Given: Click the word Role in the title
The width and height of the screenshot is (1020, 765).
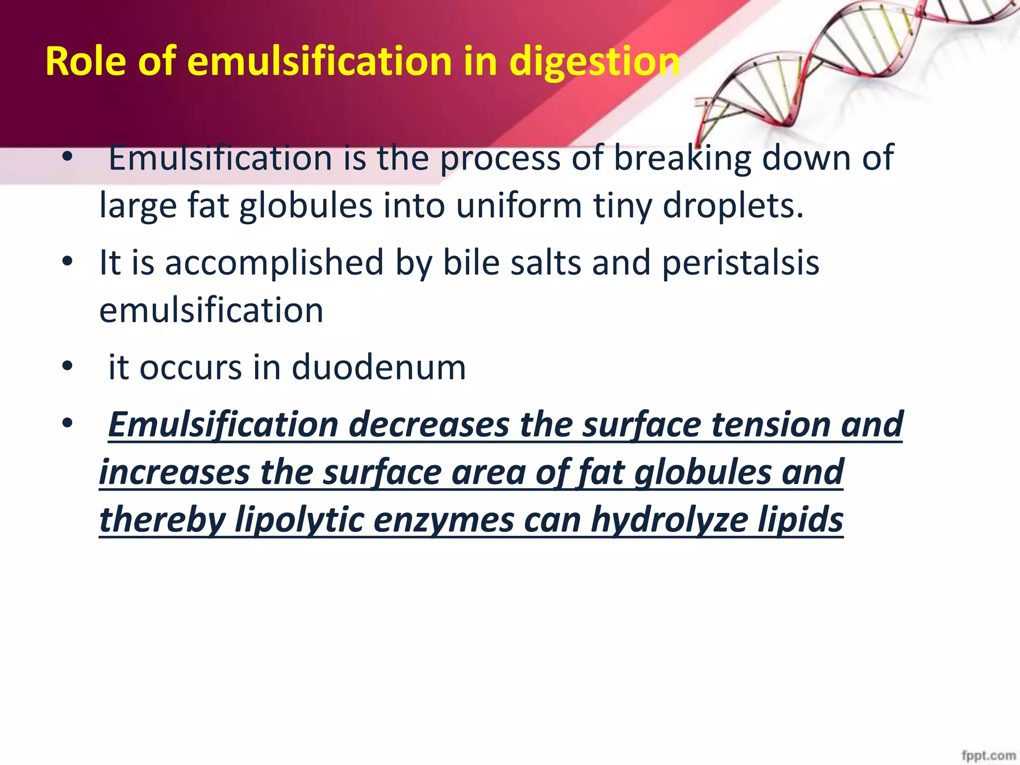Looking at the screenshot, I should (85, 61).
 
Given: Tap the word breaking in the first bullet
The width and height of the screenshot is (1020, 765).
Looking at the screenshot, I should (682, 158).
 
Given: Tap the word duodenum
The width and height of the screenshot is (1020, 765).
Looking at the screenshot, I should (379, 368).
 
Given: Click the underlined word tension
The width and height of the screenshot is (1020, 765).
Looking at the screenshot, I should (770, 425).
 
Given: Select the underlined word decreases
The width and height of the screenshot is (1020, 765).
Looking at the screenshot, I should (429, 425).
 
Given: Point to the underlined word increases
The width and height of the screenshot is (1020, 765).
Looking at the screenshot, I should (174, 472).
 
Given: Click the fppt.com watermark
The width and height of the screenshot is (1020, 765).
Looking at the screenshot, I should (988, 756).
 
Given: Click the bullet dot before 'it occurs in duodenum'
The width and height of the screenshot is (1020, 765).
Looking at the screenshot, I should (68, 367).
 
